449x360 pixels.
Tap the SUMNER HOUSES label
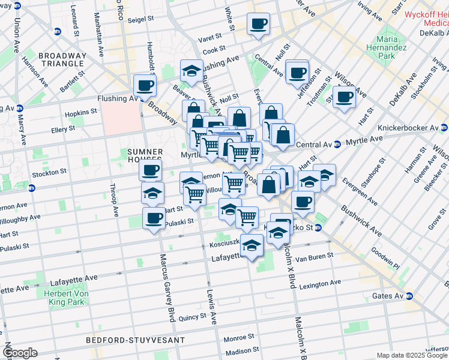(x=145, y=156)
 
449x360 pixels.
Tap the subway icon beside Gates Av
(x=409, y=296)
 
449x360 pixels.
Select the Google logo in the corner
(x=20, y=353)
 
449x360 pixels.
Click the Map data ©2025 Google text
(x=412, y=355)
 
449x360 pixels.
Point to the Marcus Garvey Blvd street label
(x=167, y=288)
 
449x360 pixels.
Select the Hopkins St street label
(x=81, y=112)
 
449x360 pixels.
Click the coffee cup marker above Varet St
(x=259, y=24)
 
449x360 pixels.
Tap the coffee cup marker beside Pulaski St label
(x=154, y=218)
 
